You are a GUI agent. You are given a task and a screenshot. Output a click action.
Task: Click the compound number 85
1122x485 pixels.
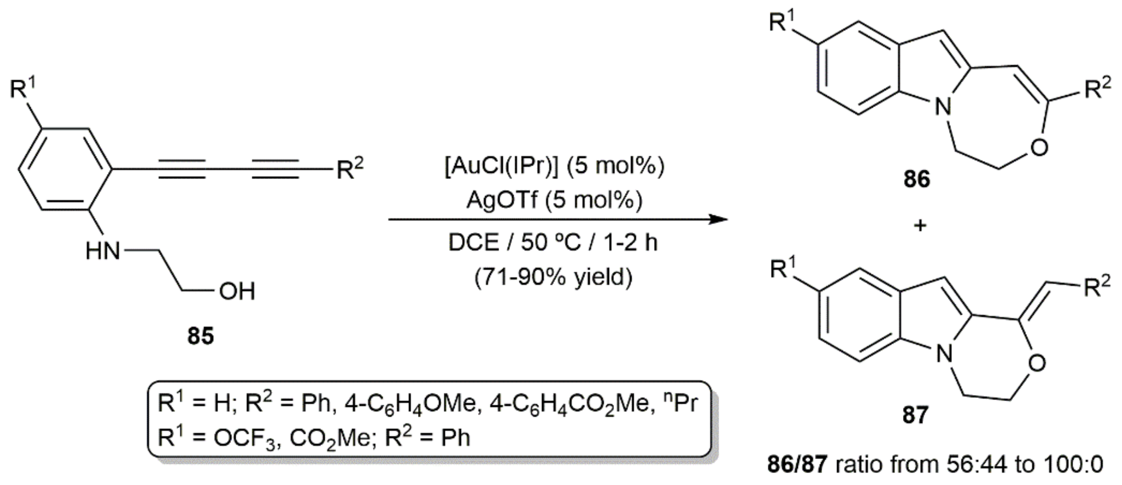[201, 336]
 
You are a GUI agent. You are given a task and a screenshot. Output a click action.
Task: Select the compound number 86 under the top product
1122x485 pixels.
[916, 179]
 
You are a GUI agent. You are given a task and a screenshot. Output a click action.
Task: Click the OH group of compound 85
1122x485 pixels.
[237, 291]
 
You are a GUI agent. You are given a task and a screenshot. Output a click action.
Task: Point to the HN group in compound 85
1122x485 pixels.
[103, 251]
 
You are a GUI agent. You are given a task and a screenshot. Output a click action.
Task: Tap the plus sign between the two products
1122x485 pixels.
[920, 226]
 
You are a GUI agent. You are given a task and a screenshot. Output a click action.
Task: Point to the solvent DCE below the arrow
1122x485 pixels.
[473, 242]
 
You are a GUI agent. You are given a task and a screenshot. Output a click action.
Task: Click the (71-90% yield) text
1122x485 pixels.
[553, 277]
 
